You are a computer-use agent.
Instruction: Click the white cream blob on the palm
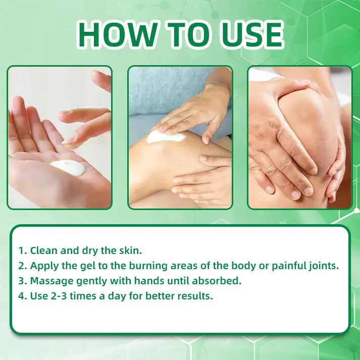[68, 168]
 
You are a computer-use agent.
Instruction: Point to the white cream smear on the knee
[164, 135]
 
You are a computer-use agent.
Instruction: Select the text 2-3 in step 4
[59, 296]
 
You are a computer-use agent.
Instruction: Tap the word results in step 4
[196, 296]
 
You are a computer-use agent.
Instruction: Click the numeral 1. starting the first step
[22, 250]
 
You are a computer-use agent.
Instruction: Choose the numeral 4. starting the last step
[22, 296]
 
